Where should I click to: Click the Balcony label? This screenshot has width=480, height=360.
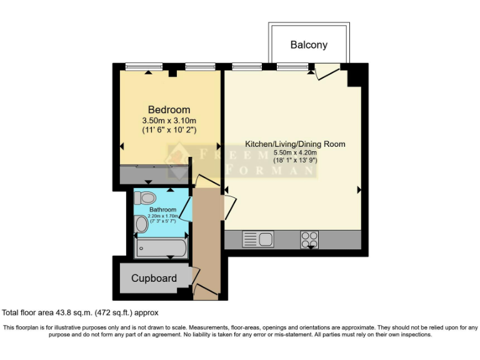point(309,45)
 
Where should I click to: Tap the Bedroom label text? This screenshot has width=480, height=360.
point(169,109)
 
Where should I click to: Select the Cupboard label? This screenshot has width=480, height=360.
point(154,278)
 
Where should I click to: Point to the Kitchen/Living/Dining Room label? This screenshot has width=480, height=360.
point(295,144)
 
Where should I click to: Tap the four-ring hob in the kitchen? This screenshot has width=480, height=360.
point(309,239)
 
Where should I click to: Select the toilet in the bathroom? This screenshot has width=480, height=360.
point(145,197)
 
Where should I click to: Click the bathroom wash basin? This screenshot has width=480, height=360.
point(141,224)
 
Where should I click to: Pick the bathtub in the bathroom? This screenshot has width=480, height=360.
point(160,248)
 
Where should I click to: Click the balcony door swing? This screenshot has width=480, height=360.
point(325,72)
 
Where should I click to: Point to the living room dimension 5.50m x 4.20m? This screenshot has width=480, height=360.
point(295,152)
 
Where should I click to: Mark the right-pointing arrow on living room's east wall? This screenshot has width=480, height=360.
point(359,189)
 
